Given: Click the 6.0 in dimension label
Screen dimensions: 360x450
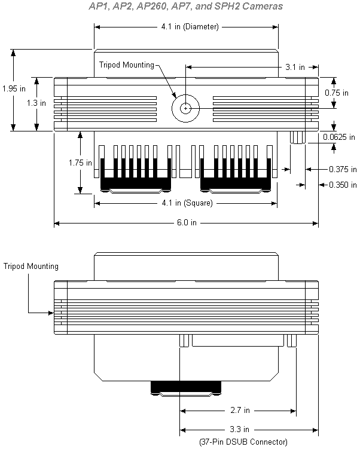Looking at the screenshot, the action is [x=187, y=223].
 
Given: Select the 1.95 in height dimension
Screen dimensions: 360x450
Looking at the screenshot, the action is [x=14, y=88].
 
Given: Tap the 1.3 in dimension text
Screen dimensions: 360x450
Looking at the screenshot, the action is [x=36, y=103].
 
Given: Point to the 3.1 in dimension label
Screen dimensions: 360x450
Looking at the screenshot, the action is [x=295, y=67].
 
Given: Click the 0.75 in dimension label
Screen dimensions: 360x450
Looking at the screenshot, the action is [x=337, y=93].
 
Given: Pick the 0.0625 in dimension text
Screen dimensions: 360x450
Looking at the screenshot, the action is [x=338, y=137].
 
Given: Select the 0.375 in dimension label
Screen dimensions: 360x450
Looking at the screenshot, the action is [x=343, y=169].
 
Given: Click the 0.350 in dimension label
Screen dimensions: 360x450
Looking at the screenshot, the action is [x=343, y=185].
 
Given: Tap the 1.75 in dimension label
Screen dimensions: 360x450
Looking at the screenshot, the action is [x=80, y=163].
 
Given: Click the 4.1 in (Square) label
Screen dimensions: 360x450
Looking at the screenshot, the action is [x=187, y=203].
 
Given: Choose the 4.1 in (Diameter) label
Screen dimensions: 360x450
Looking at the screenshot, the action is [x=190, y=27].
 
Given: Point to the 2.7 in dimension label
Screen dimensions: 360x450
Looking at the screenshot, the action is [x=240, y=410].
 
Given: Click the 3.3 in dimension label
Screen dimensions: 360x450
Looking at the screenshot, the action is [x=239, y=429].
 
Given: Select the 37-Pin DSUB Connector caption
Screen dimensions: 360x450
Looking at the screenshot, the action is [x=243, y=442].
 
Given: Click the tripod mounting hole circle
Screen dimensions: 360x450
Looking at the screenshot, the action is [x=186, y=94].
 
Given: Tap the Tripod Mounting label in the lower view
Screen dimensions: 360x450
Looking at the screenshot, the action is [x=31, y=267].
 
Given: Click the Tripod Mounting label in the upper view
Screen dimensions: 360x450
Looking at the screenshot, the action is [x=127, y=65].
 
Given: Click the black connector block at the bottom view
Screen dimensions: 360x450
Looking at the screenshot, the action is [x=186, y=387].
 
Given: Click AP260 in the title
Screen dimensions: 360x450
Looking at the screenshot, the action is [x=151, y=6].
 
